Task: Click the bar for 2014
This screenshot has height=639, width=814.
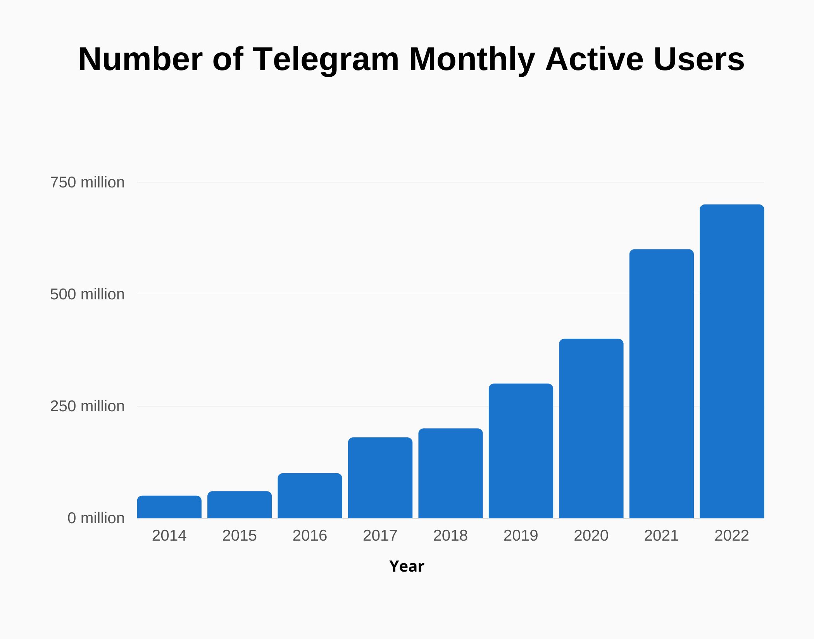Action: click(x=169, y=507)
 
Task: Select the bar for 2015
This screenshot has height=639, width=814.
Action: click(x=240, y=505)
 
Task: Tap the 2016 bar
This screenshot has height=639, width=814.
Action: click(x=310, y=496)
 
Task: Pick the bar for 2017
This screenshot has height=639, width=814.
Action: click(x=380, y=478)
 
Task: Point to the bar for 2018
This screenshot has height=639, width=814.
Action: click(x=450, y=473)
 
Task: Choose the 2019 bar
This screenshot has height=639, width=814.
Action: click(x=521, y=451)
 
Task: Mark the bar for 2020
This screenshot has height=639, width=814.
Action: click(x=591, y=428)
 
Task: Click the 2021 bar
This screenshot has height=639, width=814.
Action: click(x=661, y=383)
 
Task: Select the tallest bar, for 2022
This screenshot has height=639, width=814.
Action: click(x=732, y=361)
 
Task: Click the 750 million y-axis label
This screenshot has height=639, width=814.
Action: click(x=87, y=182)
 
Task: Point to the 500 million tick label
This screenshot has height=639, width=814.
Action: click(x=87, y=294)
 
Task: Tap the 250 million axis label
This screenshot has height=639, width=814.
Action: click(x=87, y=406)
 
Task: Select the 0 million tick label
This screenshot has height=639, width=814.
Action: click(x=96, y=518)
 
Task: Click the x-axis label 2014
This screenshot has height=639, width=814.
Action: click(x=169, y=536)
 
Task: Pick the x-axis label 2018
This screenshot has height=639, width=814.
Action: click(x=450, y=536)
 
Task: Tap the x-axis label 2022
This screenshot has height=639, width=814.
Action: click(x=732, y=536)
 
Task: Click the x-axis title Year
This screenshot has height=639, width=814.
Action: click(x=407, y=566)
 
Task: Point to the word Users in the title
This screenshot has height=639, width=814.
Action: click(x=699, y=59)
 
